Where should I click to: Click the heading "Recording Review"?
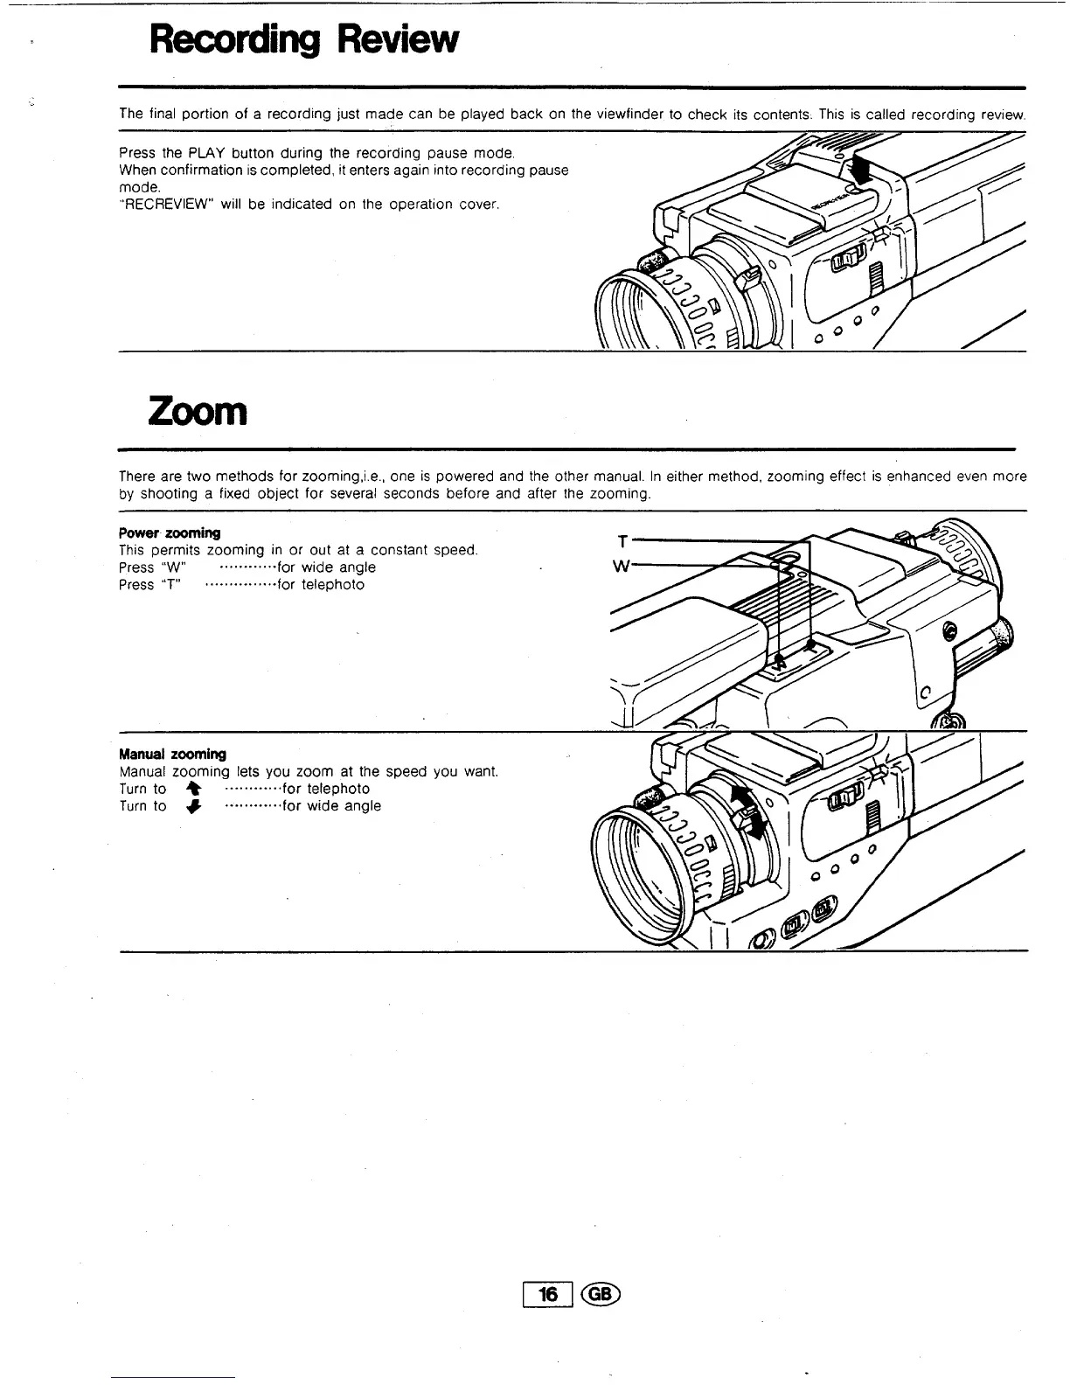(302, 39)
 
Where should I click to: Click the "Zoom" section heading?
(198, 411)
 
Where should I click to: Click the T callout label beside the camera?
(622, 541)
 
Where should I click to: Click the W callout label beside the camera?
(622, 566)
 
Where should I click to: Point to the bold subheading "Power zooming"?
(170, 532)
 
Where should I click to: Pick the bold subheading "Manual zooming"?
(172, 754)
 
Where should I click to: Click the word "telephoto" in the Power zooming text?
(332, 585)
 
